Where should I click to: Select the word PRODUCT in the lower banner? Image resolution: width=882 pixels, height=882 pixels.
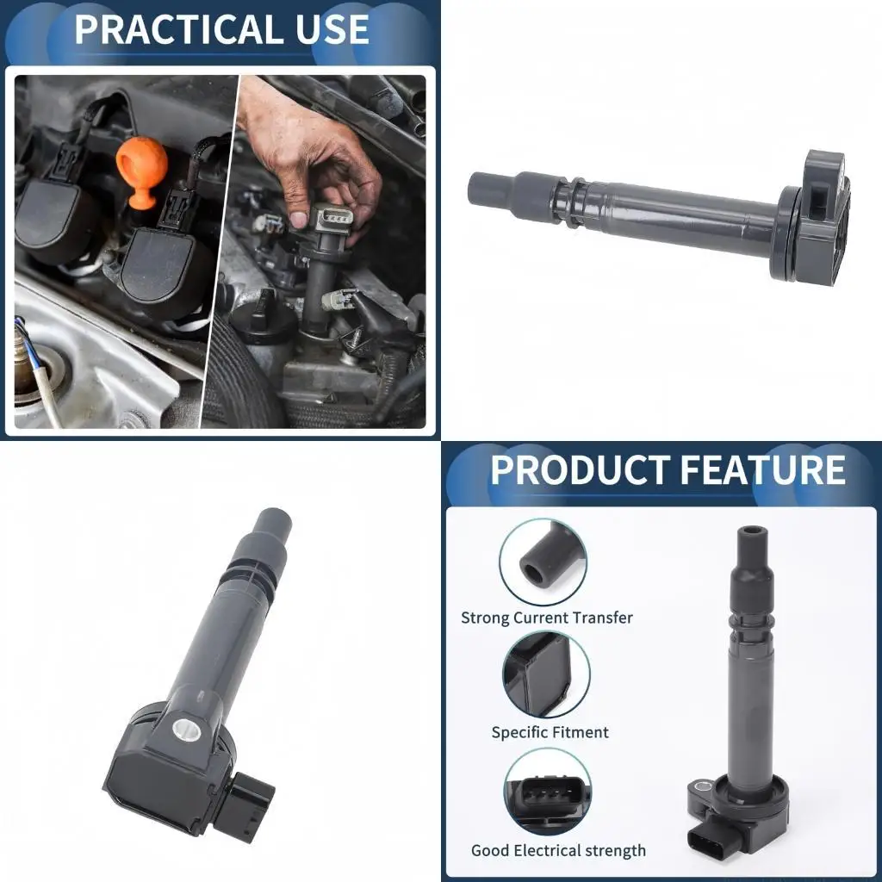click(x=579, y=470)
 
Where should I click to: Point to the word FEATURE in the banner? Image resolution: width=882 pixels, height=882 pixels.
click(x=762, y=470)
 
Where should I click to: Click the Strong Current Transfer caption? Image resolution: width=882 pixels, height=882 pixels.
click(x=547, y=618)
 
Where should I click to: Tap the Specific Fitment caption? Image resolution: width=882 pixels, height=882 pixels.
click(x=550, y=733)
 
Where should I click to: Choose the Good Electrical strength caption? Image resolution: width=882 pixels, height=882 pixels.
click(x=558, y=851)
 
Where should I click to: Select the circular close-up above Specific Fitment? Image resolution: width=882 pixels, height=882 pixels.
click(x=546, y=675)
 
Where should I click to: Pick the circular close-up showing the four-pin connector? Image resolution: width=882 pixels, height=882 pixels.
click(x=547, y=792)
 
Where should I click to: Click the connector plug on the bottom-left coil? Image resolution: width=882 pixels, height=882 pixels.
click(x=250, y=804)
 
